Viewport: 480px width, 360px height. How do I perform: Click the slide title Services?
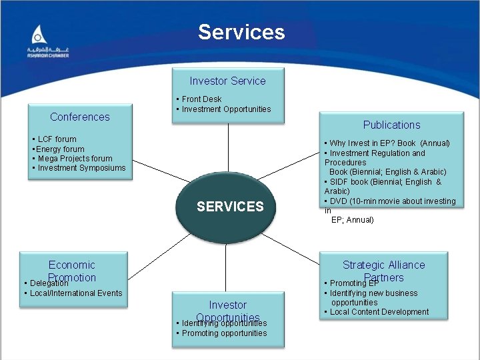pyautogui.click(x=241, y=32)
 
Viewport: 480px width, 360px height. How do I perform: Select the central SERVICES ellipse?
pyautogui.click(x=230, y=207)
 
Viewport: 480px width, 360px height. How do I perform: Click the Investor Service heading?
pyautogui.click(x=227, y=81)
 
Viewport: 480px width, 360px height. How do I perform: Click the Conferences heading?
pyautogui.click(x=80, y=117)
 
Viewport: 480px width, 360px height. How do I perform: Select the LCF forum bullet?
pyautogui.click(x=57, y=139)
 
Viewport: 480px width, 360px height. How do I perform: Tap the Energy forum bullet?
pyautogui.click(x=60, y=149)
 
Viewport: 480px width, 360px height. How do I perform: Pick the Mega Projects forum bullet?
pyautogui.click(x=75, y=159)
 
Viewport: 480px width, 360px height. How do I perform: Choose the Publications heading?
pyautogui.click(x=391, y=125)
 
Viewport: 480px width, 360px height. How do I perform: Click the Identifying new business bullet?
pyautogui.click(x=373, y=293)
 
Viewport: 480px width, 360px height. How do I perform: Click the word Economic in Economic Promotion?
pyautogui.click(x=72, y=265)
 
